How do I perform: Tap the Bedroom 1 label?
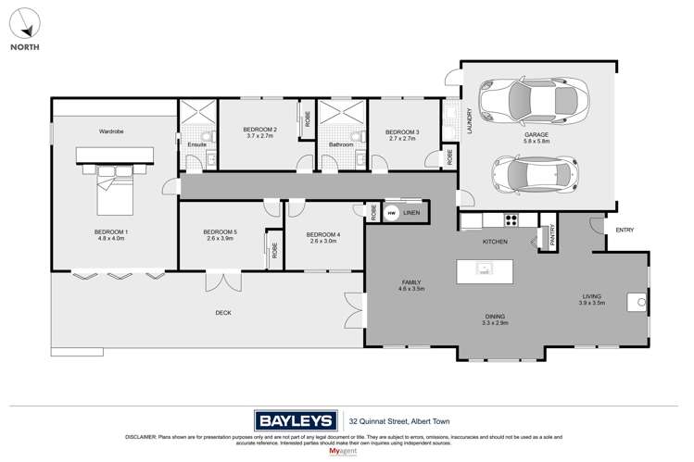tap(110, 231)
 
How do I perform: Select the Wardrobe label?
tap(111, 131)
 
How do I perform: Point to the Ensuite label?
tap(196, 144)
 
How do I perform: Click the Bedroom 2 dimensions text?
tap(259, 136)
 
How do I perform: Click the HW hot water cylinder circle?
tap(391, 213)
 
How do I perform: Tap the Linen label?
tap(411, 213)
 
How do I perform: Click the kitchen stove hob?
tap(510, 220)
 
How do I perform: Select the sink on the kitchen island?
tap(483, 269)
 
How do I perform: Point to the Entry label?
tap(625, 230)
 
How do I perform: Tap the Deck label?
tap(223, 313)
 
